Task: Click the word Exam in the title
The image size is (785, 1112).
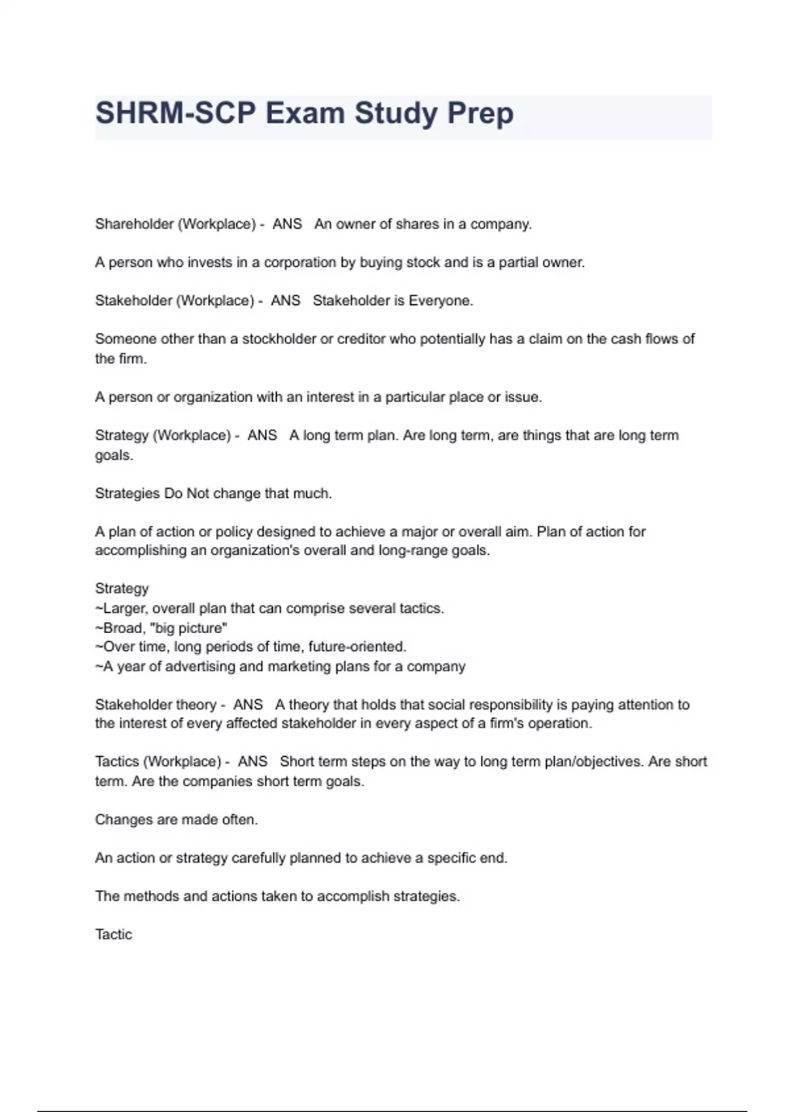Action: pos(304,113)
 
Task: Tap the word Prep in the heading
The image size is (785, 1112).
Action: pos(480,113)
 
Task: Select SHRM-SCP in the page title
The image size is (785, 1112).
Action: pos(175,113)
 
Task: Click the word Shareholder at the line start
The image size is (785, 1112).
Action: pos(134,224)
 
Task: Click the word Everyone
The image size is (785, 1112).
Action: pos(440,300)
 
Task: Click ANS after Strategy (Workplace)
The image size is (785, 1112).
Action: pos(262,435)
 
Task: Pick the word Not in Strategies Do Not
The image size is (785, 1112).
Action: pos(198,493)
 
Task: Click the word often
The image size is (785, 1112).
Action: pos(239,820)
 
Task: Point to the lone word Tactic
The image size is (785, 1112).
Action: pos(113,934)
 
